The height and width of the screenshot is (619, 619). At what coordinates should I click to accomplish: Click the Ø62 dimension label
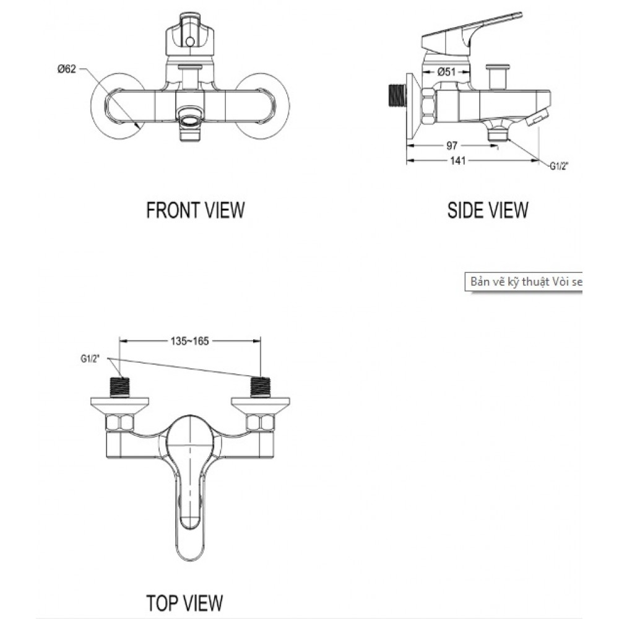(66, 69)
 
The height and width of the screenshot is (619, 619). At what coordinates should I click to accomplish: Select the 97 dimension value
(451, 145)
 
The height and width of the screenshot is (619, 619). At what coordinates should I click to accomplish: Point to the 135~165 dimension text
(189, 340)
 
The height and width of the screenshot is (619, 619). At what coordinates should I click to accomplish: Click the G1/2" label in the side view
(559, 165)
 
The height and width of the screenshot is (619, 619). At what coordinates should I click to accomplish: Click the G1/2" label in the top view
(90, 358)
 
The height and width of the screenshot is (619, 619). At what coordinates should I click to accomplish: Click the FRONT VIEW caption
(195, 210)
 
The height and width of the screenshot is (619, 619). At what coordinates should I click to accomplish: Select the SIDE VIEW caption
(488, 210)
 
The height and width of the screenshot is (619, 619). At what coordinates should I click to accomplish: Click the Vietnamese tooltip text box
(523, 282)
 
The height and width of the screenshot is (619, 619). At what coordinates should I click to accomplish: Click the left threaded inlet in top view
(120, 387)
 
